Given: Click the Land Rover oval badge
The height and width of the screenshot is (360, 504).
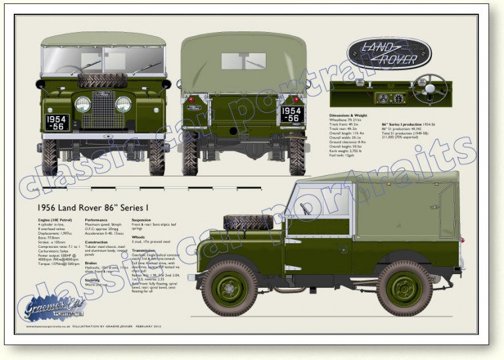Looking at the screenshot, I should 388,53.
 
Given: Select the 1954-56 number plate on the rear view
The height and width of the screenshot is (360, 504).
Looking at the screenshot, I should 291,113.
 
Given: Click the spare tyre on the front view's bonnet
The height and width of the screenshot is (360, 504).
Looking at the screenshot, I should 102,81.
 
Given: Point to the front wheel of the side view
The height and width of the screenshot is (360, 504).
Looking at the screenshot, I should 229,288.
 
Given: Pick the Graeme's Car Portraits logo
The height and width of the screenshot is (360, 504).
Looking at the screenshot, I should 55,308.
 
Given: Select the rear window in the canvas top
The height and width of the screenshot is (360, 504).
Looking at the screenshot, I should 243,61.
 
